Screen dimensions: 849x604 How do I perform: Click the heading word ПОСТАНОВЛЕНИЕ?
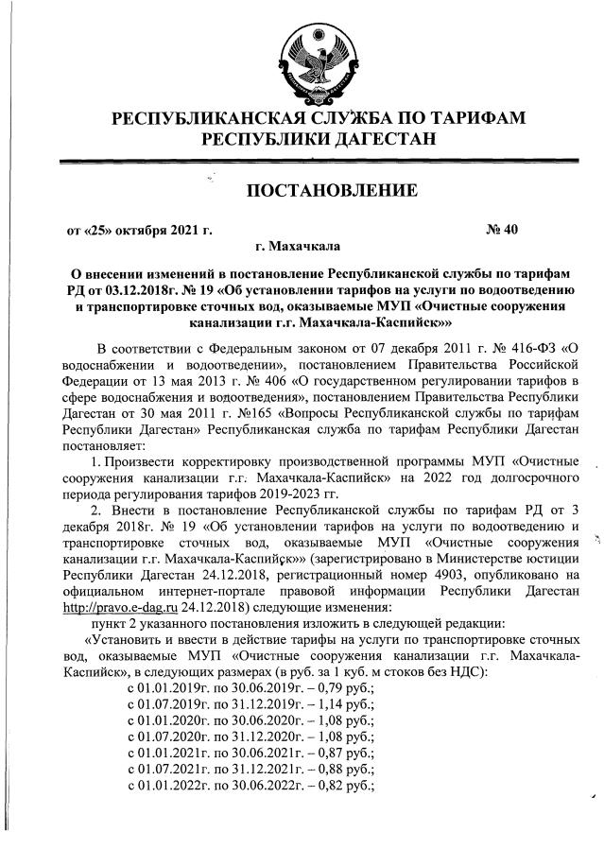[331, 192]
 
